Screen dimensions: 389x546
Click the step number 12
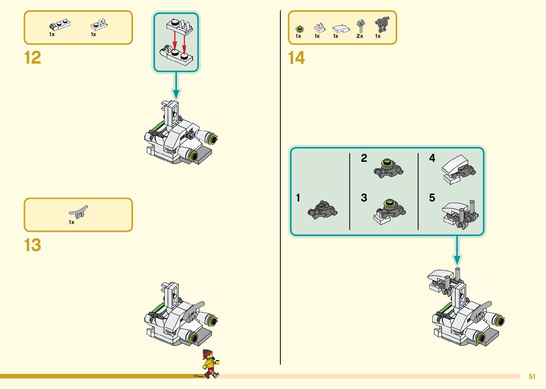point(32,58)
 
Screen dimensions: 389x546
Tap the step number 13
point(32,245)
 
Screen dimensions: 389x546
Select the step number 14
point(296,58)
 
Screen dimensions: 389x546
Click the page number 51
point(532,376)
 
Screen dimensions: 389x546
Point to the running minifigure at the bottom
point(210,364)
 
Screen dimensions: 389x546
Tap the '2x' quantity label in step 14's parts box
point(360,36)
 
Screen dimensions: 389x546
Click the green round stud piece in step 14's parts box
point(300,29)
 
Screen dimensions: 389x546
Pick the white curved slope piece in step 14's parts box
point(341,29)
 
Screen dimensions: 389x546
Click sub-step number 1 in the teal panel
point(298,198)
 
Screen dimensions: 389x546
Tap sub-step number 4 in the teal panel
point(432,158)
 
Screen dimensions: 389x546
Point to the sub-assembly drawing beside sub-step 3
point(389,211)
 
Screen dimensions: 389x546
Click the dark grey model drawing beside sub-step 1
point(322,210)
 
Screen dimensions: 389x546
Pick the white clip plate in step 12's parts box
point(99,25)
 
